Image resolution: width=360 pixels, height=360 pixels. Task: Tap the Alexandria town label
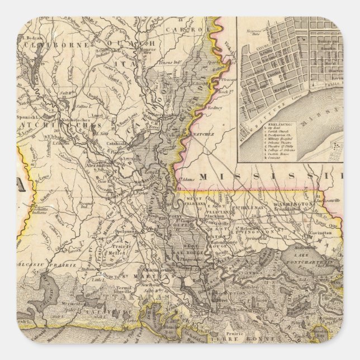tap(97, 166)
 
